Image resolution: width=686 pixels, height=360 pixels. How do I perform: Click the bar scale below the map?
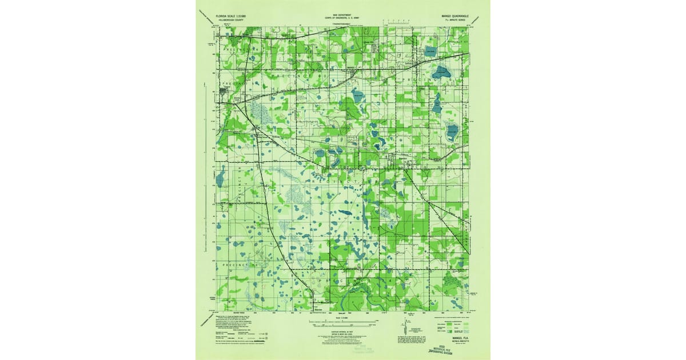(x=342, y=324)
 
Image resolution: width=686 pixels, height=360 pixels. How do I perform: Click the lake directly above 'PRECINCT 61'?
(x=439, y=72)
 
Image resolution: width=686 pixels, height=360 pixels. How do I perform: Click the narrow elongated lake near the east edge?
(x=437, y=104)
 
